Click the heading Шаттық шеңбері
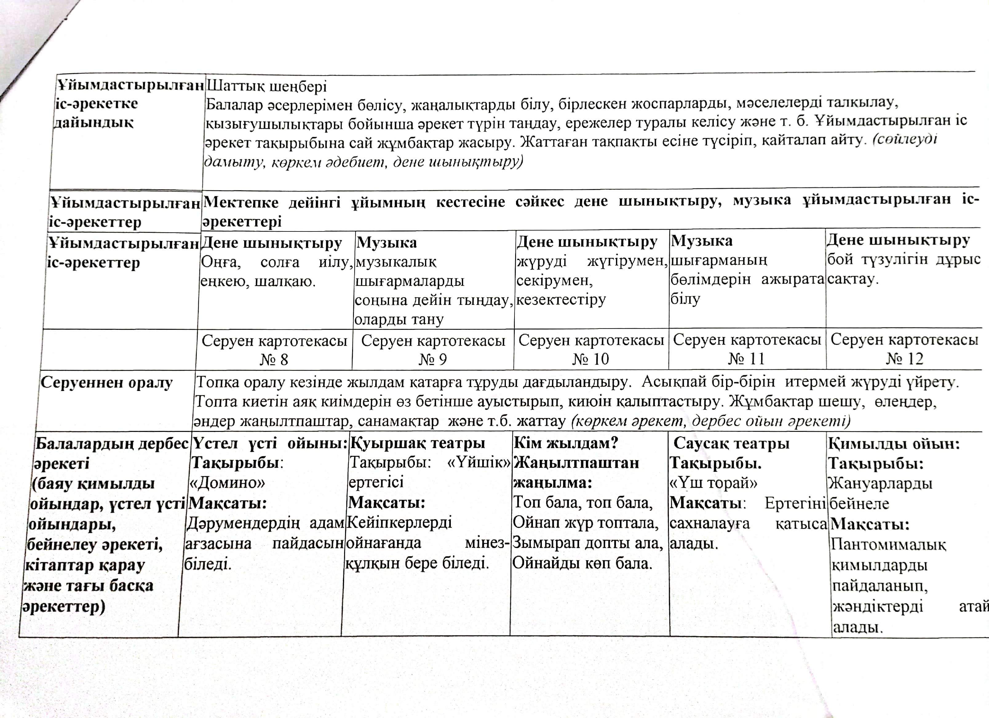coord(266,86)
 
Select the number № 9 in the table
coord(433,359)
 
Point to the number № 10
coord(590,359)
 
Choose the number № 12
coord(904,358)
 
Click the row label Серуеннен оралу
coord(107,382)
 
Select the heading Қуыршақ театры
coord(417,443)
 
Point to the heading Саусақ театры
coord(731,443)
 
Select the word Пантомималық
coord(888,544)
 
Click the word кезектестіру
coord(561,300)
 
